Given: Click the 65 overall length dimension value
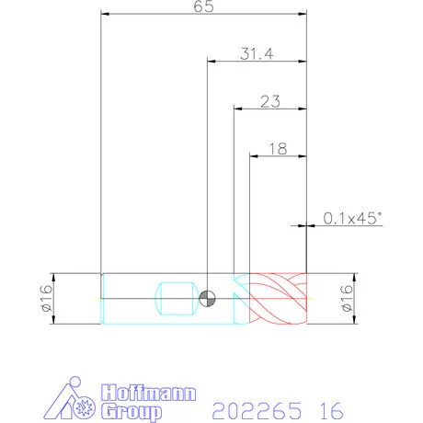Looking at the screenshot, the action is [203, 6].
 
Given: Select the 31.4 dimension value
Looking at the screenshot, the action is [257, 54].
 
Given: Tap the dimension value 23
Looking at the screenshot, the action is [270, 101].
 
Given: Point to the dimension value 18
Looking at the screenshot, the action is [278, 149].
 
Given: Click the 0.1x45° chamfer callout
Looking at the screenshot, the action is [353, 218].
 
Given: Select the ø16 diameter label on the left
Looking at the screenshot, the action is [46, 298].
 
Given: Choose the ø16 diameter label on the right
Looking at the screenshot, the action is [347, 298].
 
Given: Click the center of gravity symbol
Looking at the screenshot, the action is [207, 299].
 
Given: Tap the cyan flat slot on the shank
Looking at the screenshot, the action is [175, 299].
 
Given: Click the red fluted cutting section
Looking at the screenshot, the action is [278, 298].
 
